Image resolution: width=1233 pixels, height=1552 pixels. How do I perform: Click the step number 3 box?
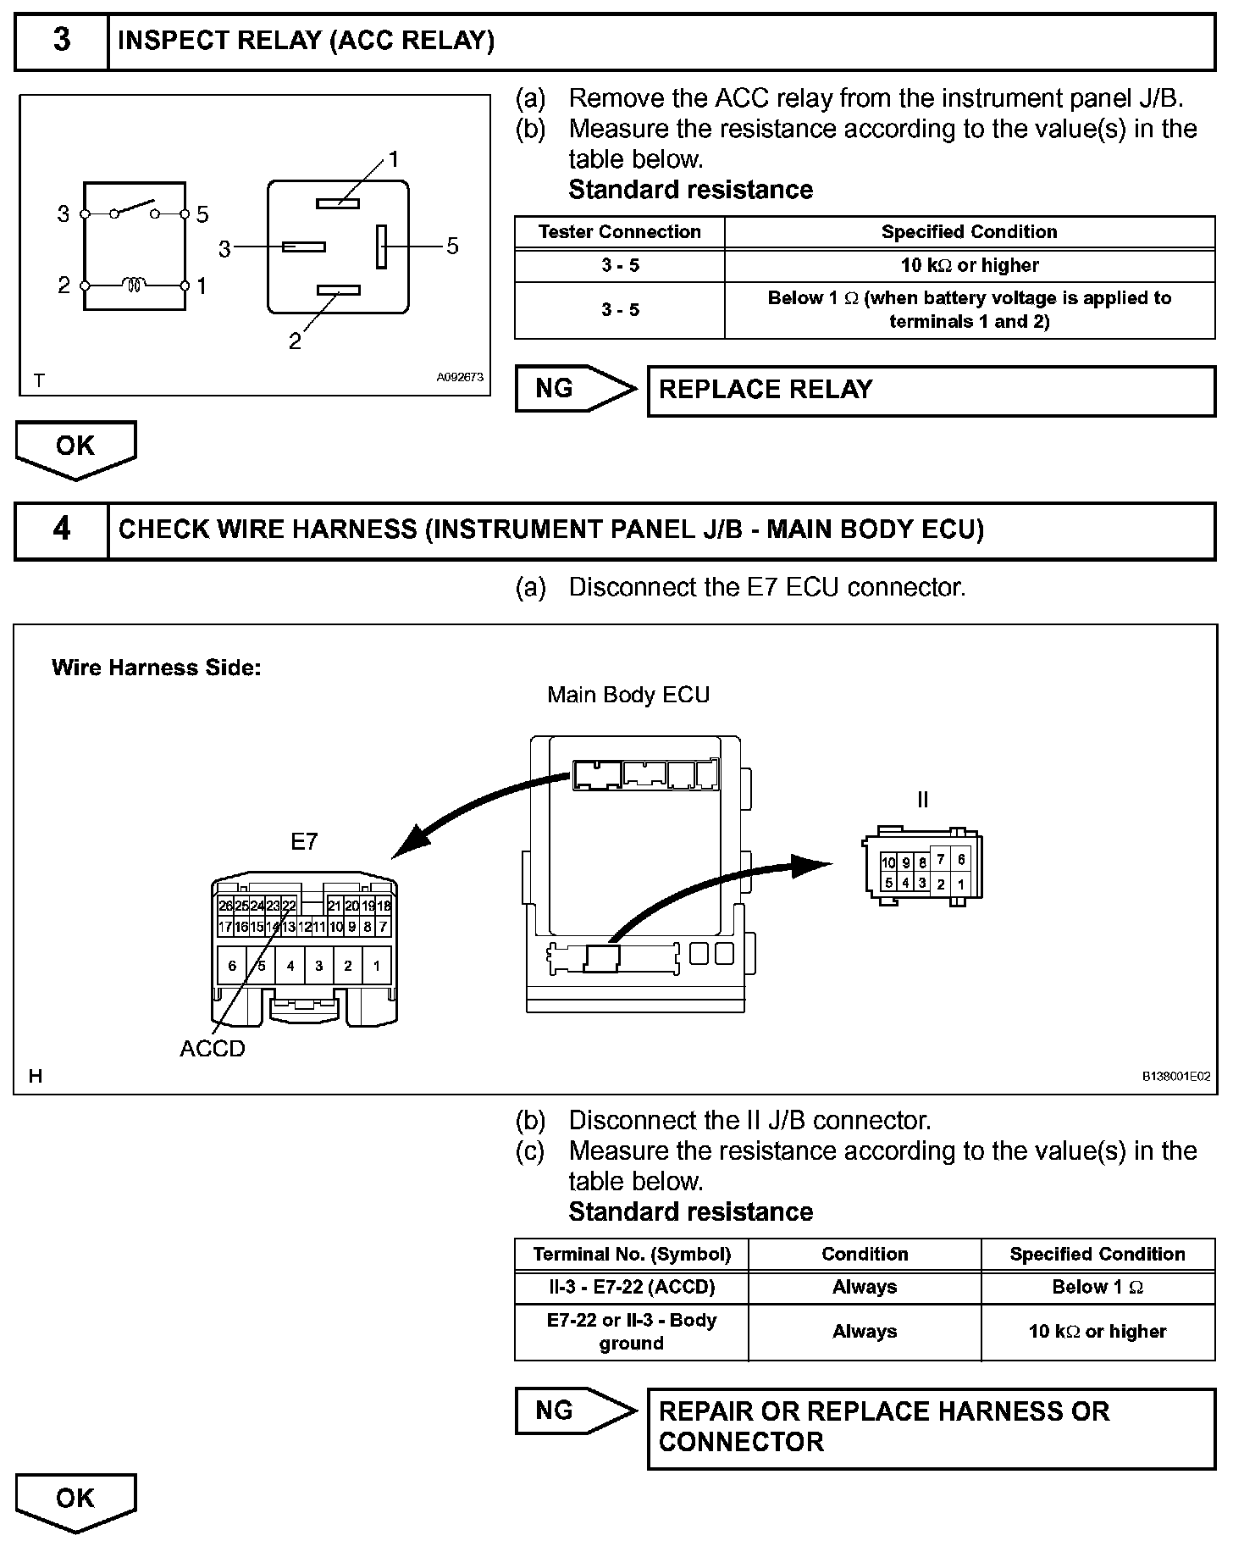[x=62, y=41]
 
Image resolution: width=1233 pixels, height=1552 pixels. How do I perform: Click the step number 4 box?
[x=62, y=529]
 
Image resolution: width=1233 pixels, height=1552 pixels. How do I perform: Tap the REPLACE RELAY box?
[x=931, y=390]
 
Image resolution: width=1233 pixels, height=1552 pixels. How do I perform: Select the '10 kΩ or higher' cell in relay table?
[x=970, y=265]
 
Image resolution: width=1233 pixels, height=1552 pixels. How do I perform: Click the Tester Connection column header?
[x=620, y=232]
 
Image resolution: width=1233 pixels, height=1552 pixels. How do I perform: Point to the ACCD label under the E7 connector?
[x=213, y=1049]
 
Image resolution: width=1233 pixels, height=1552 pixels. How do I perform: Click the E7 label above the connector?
[x=304, y=841]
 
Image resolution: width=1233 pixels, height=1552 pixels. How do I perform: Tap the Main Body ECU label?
[x=628, y=695]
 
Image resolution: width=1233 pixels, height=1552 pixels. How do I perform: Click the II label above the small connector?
[x=922, y=800]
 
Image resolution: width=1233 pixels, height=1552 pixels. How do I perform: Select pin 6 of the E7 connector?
[x=232, y=965]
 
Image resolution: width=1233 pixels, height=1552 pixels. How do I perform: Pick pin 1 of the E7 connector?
[x=376, y=965]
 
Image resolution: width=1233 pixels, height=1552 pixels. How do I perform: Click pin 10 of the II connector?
[x=888, y=862]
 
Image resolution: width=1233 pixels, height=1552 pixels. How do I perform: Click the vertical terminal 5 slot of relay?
[x=382, y=246]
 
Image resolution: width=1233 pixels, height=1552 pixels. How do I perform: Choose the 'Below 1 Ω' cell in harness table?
[x=1098, y=1287]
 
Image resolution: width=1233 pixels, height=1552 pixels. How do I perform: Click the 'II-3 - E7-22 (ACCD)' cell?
[x=632, y=1287]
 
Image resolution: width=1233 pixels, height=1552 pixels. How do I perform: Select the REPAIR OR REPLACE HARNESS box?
[x=931, y=1427]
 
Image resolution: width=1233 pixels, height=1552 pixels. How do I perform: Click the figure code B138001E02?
[x=1176, y=1076]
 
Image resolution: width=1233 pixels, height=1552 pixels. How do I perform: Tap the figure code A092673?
[x=460, y=377]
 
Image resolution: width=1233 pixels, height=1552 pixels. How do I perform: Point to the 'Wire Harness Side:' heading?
[x=157, y=668]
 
